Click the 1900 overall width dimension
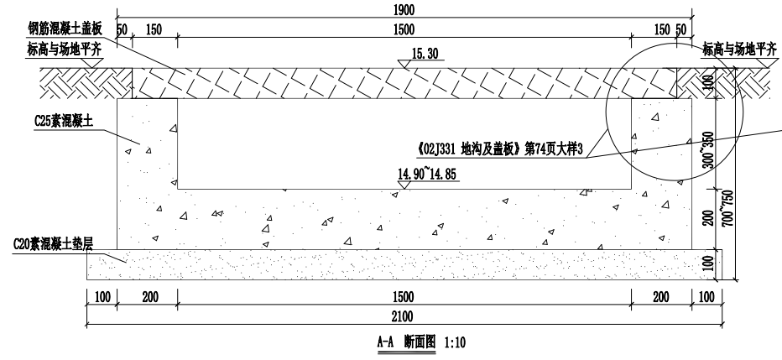click(x=404, y=9)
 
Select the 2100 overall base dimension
click(x=403, y=316)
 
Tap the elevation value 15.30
click(x=425, y=54)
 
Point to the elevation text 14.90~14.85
click(x=426, y=174)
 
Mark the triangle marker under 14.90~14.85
click(x=404, y=185)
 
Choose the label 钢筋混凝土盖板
click(x=65, y=29)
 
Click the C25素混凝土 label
click(x=64, y=121)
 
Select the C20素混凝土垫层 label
click(x=53, y=244)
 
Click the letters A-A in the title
click(x=385, y=342)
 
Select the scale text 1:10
click(x=454, y=342)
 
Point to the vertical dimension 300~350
click(x=708, y=149)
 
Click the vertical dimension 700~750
click(x=727, y=208)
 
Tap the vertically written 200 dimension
click(x=708, y=217)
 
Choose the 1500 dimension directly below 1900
click(x=404, y=30)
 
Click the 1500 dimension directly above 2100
click(x=403, y=297)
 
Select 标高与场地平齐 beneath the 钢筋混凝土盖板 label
click(x=65, y=50)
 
